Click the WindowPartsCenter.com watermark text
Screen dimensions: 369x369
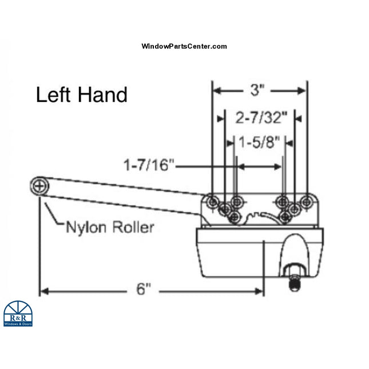[184, 46]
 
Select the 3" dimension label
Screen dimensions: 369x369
[259, 90]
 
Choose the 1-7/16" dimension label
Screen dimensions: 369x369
[148, 166]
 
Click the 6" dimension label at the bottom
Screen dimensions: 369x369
[144, 290]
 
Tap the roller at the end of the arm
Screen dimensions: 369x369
[39, 185]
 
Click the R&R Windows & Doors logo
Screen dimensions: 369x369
[18, 314]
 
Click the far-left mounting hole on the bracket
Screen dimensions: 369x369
[213, 202]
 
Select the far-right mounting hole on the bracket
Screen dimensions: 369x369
[307, 201]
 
